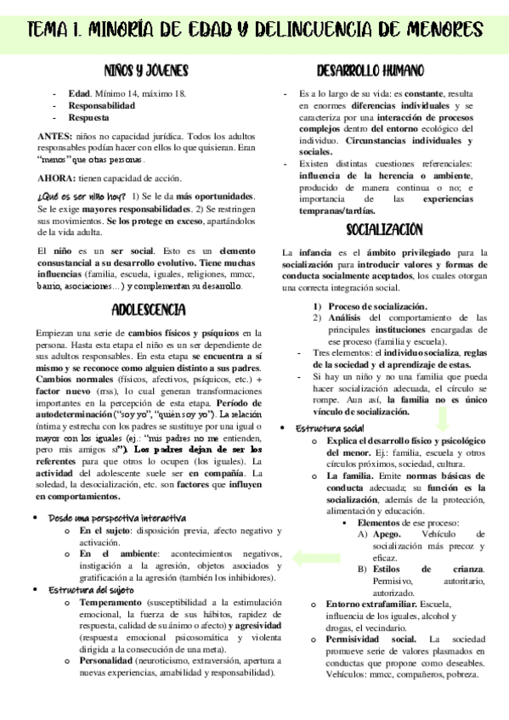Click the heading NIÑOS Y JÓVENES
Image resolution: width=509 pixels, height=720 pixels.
pos(145,70)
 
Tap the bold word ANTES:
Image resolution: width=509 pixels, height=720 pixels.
pos(55,135)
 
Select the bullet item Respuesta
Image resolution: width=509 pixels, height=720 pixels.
pos(89,119)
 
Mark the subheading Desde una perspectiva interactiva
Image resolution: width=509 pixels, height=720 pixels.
pos(117,517)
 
